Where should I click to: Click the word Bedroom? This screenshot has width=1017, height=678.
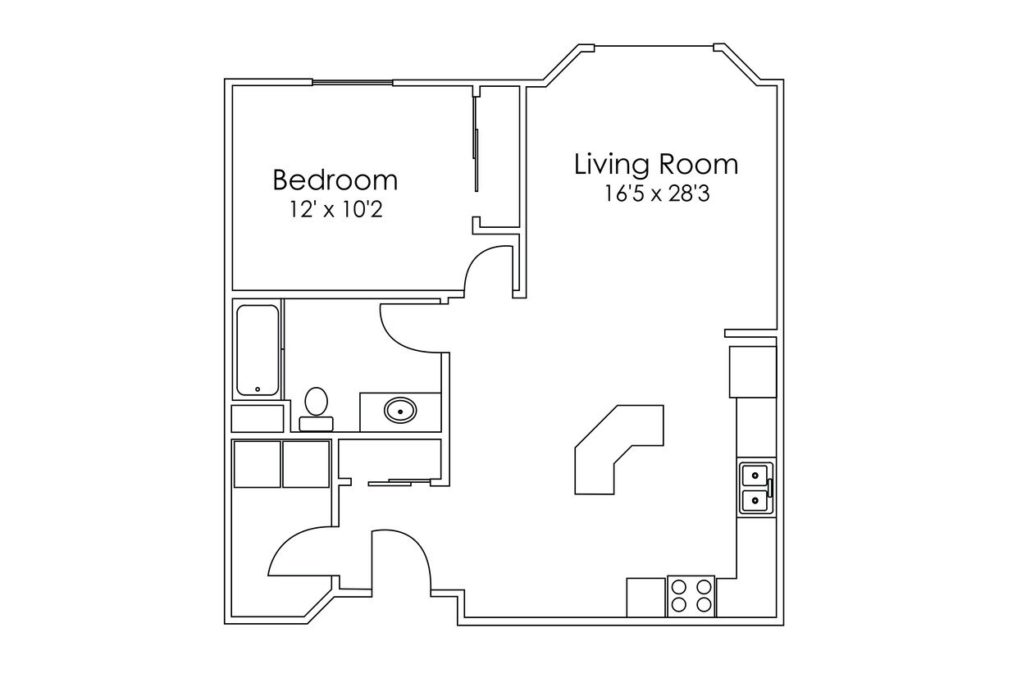point(335,179)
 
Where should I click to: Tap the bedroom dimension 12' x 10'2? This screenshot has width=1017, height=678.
point(335,210)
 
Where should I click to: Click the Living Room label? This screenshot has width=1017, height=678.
point(655,164)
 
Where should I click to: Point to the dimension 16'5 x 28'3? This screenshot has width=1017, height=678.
point(656,194)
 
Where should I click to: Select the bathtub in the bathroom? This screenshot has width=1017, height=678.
point(258,350)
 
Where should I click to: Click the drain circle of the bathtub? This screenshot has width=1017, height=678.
point(258,389)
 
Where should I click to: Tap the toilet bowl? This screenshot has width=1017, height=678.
point(316,402)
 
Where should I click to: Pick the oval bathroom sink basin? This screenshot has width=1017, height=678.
point(400,409)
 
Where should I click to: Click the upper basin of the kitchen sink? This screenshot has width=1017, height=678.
point(754,474)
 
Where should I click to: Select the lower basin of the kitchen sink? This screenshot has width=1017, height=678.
point(754,499)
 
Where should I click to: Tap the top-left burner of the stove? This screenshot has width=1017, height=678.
point(680,587)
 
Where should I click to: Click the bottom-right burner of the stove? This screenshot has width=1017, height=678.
point(703,605)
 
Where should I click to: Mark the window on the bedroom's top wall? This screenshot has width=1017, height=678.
point(352,82)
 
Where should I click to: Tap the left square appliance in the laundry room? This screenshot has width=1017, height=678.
point(258,464)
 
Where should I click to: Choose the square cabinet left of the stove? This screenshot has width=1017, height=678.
point(645,597)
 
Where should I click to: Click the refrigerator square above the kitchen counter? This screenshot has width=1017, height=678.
point(753,371)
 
